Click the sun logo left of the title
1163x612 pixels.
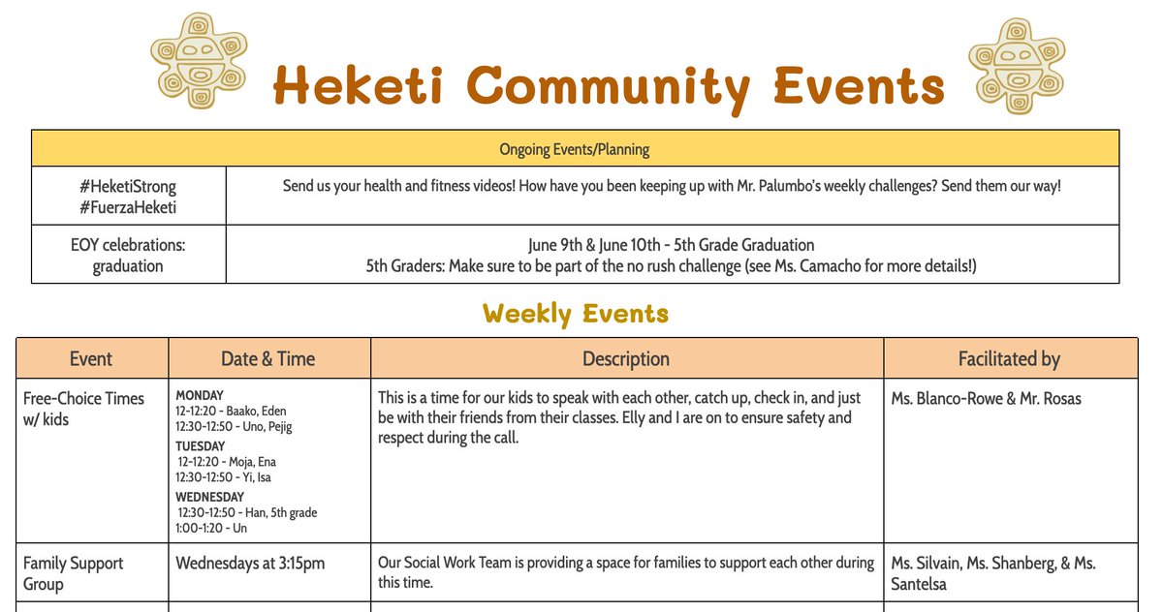[199, 60]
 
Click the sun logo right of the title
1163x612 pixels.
[1017, 60]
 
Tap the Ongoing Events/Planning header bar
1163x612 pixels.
[575, 149]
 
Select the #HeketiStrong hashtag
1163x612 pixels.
[128, 187]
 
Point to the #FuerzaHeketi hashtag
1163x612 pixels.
[128, 207]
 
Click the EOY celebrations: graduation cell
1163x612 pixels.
[128, 255]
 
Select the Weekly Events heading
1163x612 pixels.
[576, 314]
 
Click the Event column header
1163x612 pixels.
[91, 359]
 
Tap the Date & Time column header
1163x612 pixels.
[268, 359]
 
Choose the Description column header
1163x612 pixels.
[626, 359]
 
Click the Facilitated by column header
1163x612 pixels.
[1009, 359]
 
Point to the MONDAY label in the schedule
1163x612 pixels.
[200, 395]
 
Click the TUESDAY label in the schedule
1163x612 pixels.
[200, 446]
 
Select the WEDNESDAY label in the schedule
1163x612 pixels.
[210, 497]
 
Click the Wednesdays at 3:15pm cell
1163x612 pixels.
[250, 564]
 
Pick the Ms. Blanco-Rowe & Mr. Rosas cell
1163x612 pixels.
[986, 399]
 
